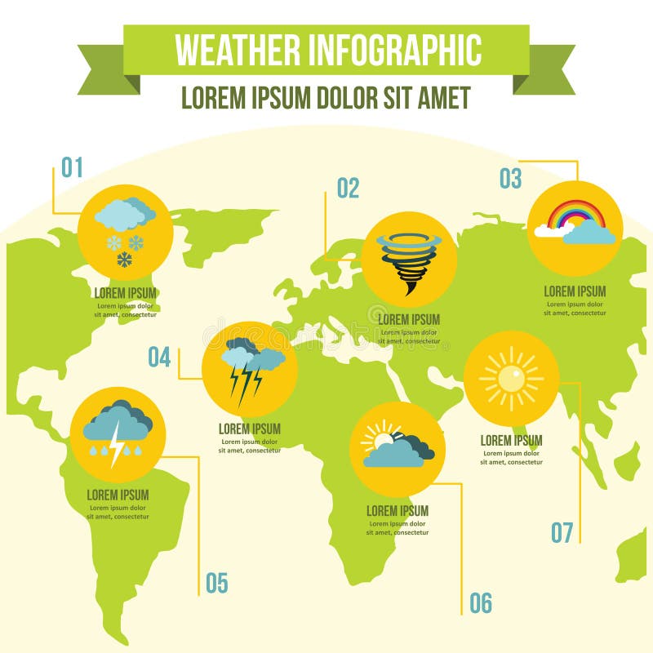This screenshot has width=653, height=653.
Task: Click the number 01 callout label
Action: (x=73, y=168)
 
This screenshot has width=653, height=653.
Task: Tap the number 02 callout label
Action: (x=348, y=189)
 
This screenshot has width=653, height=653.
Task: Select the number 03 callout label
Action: (x=510, y=179)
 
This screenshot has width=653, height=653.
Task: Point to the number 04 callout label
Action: (x=159, y=358)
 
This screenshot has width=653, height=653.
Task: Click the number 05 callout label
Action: (x=216, y=583)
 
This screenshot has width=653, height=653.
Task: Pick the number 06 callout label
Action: (x=481, y=603)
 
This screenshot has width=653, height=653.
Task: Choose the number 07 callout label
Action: (x=562, y=532)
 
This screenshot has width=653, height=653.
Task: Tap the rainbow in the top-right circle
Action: (x=576, y=214)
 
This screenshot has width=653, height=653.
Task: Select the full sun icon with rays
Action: (x=512, y=378)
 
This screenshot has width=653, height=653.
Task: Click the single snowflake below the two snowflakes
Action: (x=124, y=259)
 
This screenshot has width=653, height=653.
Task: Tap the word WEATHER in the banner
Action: (x=237, y=50)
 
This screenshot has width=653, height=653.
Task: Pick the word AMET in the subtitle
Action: (x=444, y=98)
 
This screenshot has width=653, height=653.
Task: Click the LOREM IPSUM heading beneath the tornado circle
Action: (x=409, y=320)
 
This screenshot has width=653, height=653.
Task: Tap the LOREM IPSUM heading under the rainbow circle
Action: (x=575, y=291)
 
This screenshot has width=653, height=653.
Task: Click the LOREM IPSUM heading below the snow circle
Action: (x=125, y=293)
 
